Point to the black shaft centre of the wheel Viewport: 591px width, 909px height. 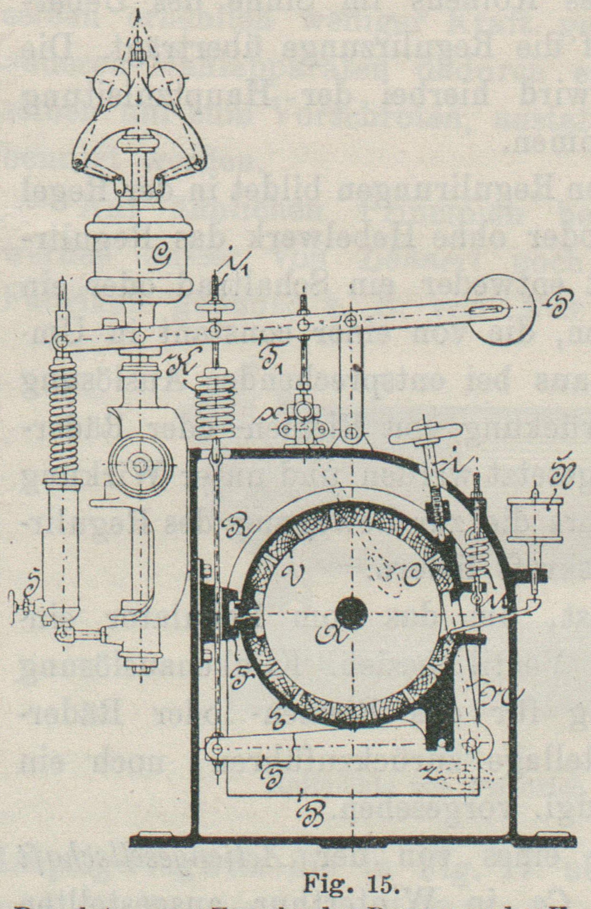click(x=352, y=613)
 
